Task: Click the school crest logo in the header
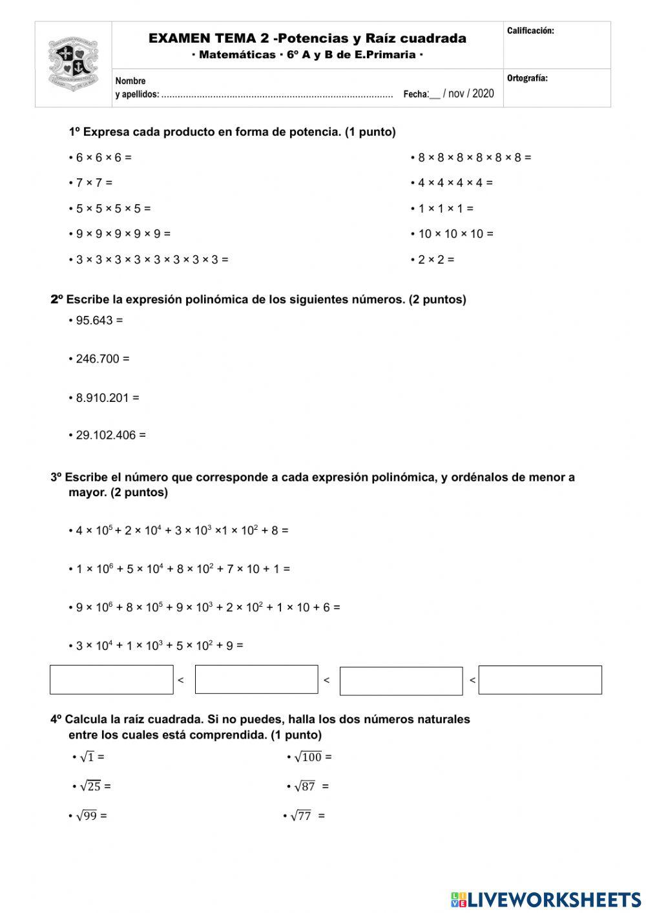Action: [x=72, y=63]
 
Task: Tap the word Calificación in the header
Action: [x=530, y=30]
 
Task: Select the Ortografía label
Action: [x=527, y=78]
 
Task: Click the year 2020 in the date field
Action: [x=483, y=94]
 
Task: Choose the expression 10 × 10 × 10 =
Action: [x=452, y=234]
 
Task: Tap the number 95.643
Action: [x=94, y=320]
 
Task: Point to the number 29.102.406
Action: [x=106, y=436]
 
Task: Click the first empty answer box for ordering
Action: [x=112, y=680]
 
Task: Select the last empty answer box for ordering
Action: [x=540, y=680]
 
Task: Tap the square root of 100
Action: [x=308, y=757]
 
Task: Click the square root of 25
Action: [x=90, y=786]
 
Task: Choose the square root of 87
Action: [x=305, y=786]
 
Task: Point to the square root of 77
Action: [x=301, y=816]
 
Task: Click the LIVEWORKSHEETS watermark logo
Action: [x=546, y=899]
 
